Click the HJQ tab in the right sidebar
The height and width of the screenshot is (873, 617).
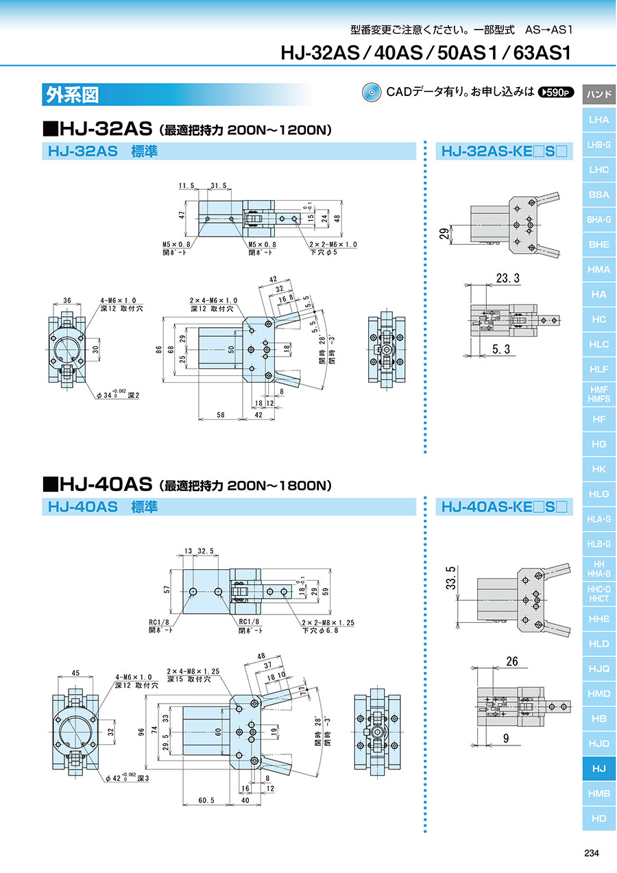[x=598, y=669]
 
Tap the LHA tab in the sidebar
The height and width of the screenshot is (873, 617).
[x=598, y=119]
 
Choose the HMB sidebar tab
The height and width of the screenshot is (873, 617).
[x=598, y=793]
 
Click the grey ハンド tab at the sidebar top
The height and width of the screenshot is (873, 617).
[x=598, y=94]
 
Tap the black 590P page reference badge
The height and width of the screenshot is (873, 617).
[x=556, y=92]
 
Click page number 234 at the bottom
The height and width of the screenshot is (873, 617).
[x=591, y=853]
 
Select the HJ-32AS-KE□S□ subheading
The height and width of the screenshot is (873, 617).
[x=504, y=151]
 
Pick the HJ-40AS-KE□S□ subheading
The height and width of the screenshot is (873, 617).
[x=504, y=507]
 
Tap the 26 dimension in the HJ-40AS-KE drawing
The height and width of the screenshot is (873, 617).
[x=511, y=662]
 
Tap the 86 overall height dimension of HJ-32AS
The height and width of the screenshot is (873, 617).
[x=158, y=349]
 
